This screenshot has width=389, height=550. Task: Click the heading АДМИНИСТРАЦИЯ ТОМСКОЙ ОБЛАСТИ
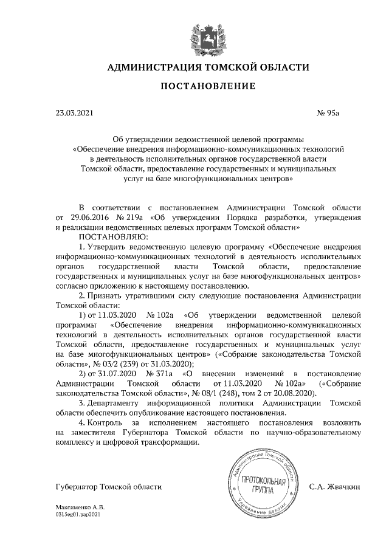pyautogui.click(x=208, y=67)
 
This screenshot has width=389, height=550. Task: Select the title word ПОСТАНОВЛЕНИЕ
pyautogui.click(x=208, y=87)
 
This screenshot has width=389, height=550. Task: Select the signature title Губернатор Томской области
pyautogui.click(x=108, y=486)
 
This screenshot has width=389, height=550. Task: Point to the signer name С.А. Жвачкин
pyautogui.click(x=335, y=486)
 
